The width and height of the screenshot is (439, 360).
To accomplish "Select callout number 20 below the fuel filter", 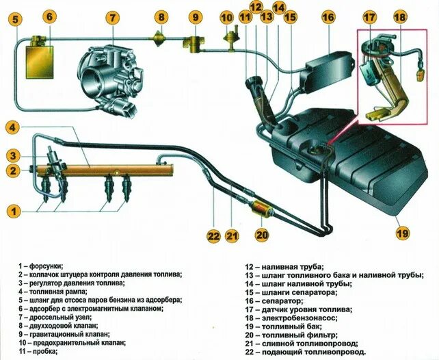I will [261, 235].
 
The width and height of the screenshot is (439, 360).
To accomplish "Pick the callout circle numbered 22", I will [213, 236].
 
